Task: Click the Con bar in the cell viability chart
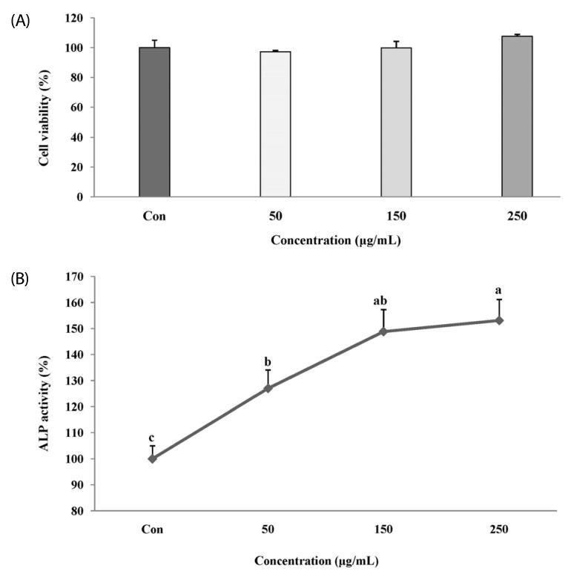pos(154,122)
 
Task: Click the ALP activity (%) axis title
pos(47,393)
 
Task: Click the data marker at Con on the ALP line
pos(153,458)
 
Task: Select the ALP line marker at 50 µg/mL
pos(268,388)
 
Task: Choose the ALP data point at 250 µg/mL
pos(499,320)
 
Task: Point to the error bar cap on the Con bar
pos(154,40)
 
